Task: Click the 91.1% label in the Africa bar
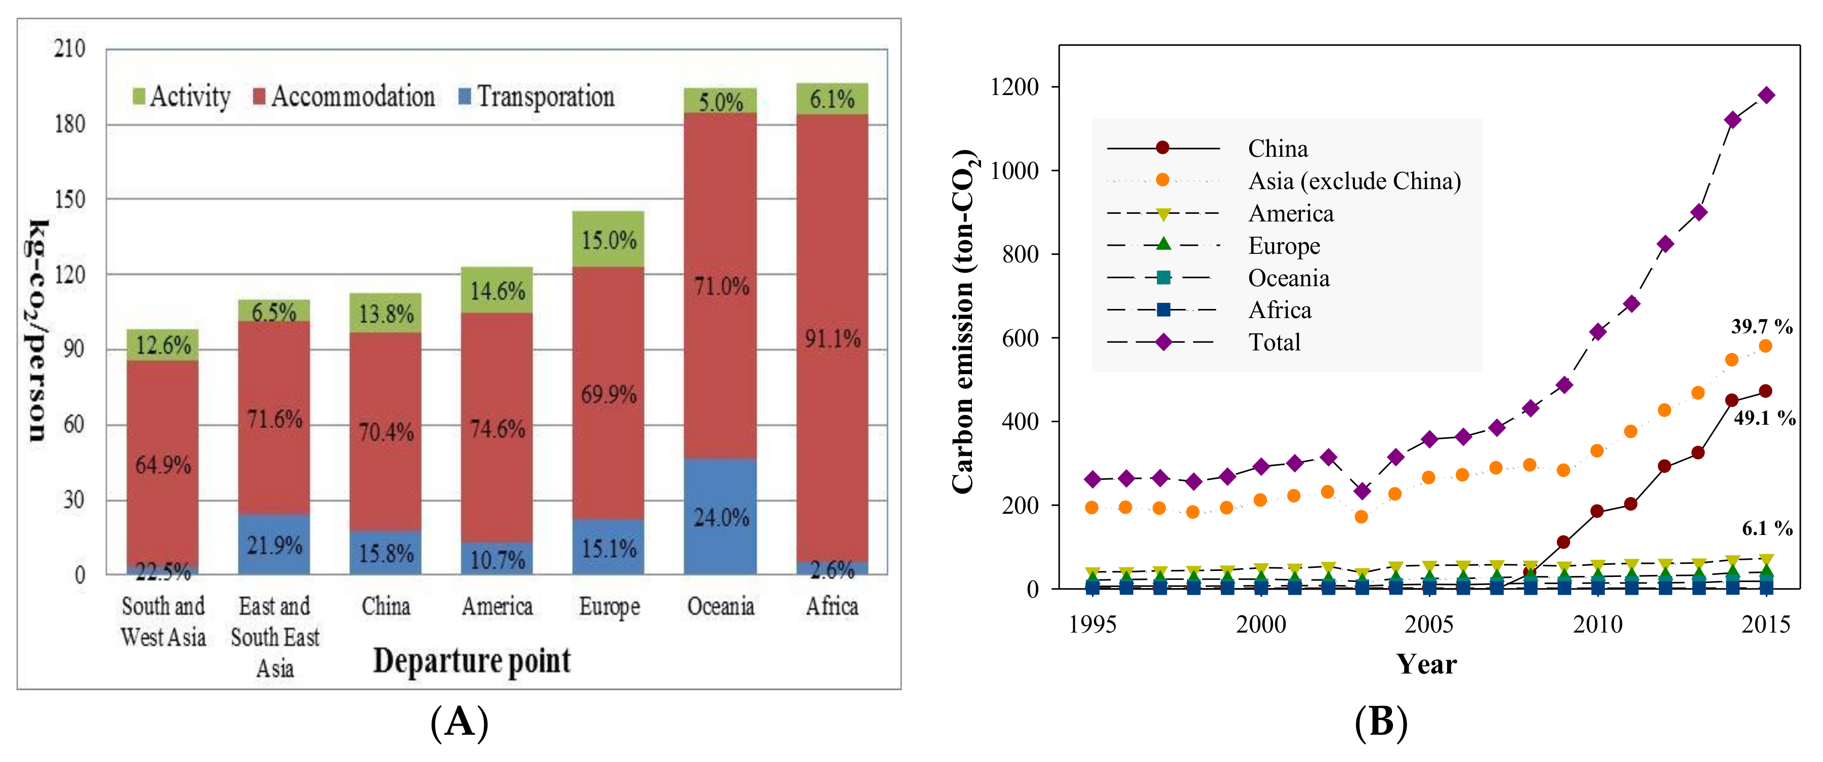(832, 339)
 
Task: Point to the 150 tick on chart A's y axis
(69, 200)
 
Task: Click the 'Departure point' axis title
(472, 661)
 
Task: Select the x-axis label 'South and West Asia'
(163, 621)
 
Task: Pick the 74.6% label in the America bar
(497, 429)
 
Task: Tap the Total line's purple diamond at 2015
(1766, 96)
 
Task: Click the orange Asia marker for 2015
(1765, 346)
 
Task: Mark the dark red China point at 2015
(1765, 391)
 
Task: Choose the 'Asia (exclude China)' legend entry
(1353, 181)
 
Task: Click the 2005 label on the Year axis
(1429, 625)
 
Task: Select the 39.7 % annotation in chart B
(1761, 326)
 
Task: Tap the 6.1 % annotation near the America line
(1766, 528)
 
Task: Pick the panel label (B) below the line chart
(1380, 723)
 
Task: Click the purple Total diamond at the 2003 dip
(1361, 491)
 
